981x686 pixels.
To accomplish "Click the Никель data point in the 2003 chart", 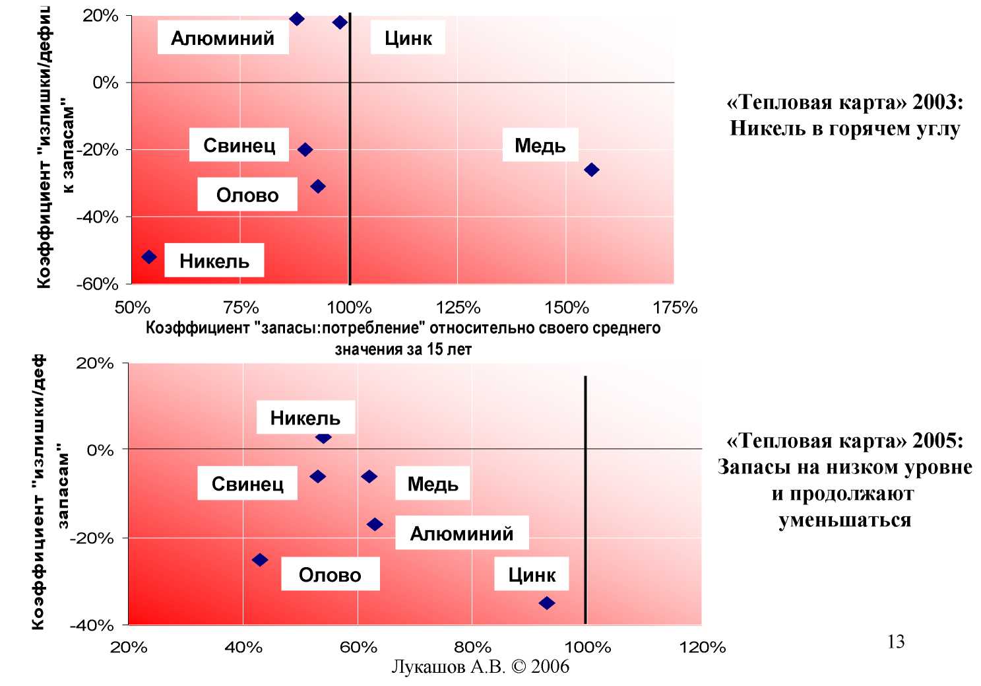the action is tap(149, 257).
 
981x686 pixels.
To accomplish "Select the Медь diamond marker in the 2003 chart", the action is tap(592, 170).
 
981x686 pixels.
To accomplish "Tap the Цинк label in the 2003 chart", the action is tap(408, 38).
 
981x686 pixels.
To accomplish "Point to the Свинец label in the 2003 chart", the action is tap(239, 145).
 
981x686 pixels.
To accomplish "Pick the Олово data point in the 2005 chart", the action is tap(260, 560).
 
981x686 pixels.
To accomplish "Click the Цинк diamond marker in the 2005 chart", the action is tap(546, 603).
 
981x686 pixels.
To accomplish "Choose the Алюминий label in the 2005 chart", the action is tap(462, 533).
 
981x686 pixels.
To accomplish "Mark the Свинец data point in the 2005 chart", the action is tap(317, 477).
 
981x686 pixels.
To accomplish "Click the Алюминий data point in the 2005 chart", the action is tap(375, 524).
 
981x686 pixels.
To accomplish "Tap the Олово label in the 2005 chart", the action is tap(330, 574).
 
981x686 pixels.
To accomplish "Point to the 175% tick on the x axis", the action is tap(675, 308).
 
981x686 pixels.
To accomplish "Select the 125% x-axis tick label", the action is tap(458, 308).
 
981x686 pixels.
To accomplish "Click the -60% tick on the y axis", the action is tap(97, 284).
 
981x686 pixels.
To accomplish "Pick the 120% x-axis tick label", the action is tap(702, 647).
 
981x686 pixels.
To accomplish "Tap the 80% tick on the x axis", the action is tap(472, 647).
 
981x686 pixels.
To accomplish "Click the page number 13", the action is tap(896, 642).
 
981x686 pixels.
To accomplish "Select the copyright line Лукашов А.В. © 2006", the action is tap(480, 667).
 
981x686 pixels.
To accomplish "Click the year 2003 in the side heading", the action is tap(938, 102).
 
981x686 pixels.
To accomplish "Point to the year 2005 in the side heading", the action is tap(938, 440).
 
